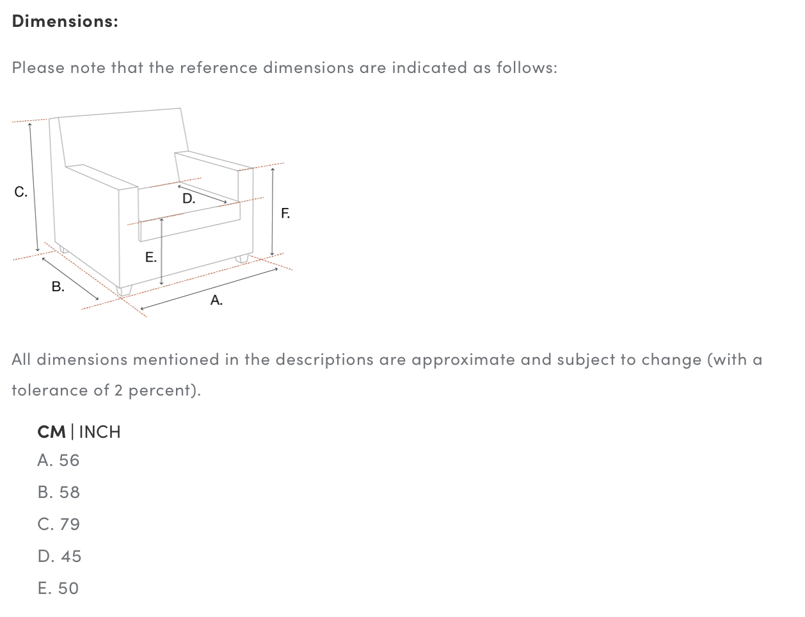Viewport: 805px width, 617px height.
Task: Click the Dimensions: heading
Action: pos(65,21)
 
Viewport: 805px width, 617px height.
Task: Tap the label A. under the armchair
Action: pos(216,300)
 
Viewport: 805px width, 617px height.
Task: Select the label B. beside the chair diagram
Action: pos(58,286)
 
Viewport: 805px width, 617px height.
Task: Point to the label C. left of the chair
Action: pos(20,192)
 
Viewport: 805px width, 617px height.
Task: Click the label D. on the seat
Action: pos(189,198)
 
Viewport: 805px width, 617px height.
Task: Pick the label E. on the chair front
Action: pos(151,257)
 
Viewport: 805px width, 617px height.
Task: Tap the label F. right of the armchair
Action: pos(285,213)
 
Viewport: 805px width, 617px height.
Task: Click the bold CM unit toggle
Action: pos(51,432)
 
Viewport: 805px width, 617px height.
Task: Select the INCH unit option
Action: pos(100,432)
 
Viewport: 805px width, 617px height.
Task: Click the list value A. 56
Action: pos(58,460)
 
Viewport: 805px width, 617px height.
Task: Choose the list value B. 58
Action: pos(58,492)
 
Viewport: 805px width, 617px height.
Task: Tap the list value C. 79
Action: pos(58,524)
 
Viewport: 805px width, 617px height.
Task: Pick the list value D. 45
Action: pos(60,556)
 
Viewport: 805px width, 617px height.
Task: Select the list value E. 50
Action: pos(58,588)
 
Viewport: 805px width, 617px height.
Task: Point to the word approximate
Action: pos(463,360)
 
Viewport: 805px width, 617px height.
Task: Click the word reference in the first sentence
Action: pos(219,68)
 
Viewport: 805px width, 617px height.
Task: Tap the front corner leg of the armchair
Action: pos(124,291)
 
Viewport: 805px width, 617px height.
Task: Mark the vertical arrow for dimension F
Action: pos(273,212)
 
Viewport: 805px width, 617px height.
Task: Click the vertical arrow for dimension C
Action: pos(34,187)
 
